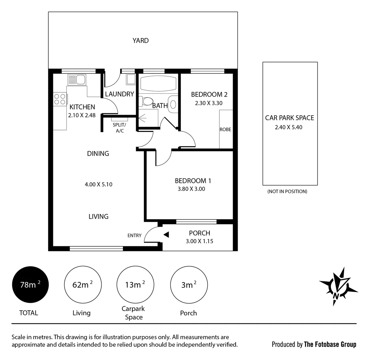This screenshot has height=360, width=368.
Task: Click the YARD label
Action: [x=140, y=41]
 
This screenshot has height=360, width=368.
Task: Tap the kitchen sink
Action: [x=77, y=80]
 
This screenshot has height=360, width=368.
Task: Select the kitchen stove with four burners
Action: [x=60, y=99]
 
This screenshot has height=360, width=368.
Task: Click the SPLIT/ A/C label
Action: [x=120, y=128]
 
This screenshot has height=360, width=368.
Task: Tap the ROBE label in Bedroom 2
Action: [x=225, y=130]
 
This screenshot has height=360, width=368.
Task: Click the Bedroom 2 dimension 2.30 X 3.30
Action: [x=209, y=103]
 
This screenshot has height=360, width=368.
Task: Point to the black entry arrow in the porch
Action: [x=166, y=235]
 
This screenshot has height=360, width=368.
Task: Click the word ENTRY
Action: [x=134, y=235]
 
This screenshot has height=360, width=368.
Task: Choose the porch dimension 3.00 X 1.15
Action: [x=199, y=241]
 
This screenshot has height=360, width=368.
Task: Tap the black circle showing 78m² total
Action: [x=30, y=285]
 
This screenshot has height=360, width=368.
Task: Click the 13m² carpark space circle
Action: [x=135, y=285]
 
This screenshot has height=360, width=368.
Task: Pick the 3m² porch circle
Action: [x=189, y=285]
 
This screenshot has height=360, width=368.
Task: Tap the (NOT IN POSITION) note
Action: [x=287, y=191]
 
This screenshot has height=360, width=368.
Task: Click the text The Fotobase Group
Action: [x=330, y=344]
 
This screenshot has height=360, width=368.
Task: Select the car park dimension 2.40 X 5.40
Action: [x=289, y=127]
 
